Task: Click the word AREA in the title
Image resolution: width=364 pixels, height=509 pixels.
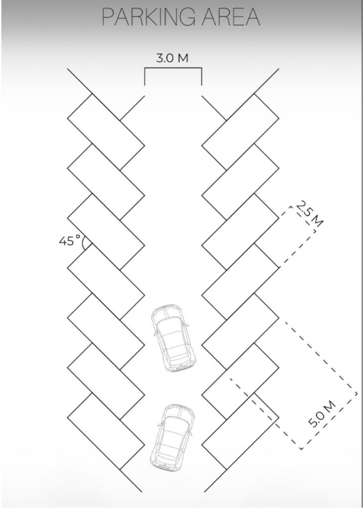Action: (231, 17)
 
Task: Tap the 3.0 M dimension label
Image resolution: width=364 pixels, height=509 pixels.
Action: (172, 58)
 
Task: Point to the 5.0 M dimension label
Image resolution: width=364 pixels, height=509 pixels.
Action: (322, 414)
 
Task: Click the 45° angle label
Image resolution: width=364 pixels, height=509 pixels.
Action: (70, 241)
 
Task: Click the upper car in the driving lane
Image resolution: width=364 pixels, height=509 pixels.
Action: (174, 338)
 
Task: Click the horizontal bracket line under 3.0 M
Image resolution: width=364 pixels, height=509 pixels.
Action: (173, 68)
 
